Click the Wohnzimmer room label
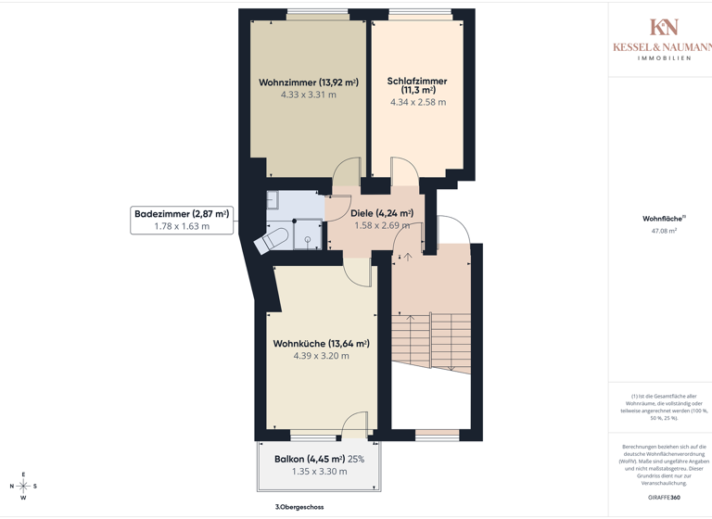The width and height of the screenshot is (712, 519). click(x=308, y=82)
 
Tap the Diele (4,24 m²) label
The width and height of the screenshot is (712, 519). click(x=381, y=213)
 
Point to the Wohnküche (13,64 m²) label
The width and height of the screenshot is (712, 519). click(x=321, y=344)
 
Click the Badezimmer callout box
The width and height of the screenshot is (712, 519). click(x=182, y=220)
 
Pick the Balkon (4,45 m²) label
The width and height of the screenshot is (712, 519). click(x=310, y=459)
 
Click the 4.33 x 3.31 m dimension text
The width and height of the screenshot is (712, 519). click(x=308, y=95)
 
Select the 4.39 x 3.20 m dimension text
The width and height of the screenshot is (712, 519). click(x=321, y=356)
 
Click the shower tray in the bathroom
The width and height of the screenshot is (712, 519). click(x=308, y=235)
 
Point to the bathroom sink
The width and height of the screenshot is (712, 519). click(x=273, y=199)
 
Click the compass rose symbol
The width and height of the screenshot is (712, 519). click(x=23, y=486)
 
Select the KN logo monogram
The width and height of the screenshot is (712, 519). click(x=664, y=28)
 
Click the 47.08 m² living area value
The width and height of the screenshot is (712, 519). click(x=664, y=231)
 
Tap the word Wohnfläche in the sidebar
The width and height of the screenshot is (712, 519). click(x=662, y=219)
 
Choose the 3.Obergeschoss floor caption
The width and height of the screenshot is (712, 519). click(x=299, y=507)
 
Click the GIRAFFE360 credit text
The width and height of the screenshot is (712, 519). click(x=667, y=497)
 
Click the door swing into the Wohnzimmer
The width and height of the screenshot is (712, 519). click(x=348, y=171)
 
